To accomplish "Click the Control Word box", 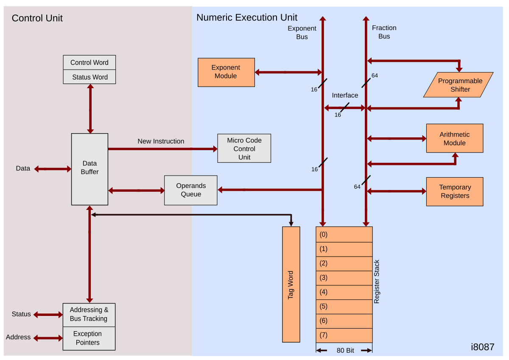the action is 89,62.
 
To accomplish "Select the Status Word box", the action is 89,77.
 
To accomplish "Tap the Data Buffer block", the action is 89,169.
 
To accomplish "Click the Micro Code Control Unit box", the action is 244,148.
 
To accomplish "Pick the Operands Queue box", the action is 190,190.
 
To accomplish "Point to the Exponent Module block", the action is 226,72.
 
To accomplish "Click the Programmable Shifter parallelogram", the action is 458,85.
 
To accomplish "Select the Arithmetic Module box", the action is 455,138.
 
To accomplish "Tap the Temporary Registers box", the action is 455,192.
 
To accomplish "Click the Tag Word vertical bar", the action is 291,285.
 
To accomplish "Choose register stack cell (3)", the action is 344,278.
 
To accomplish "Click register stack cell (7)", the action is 344,335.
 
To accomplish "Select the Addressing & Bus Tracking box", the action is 89,315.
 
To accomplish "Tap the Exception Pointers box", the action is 89,338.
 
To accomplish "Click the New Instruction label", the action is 161,141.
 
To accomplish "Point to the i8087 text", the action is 482,347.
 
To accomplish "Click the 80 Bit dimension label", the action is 345,351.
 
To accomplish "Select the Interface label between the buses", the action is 345,95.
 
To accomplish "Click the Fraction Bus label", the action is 384,32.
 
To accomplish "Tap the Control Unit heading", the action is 37,18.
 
